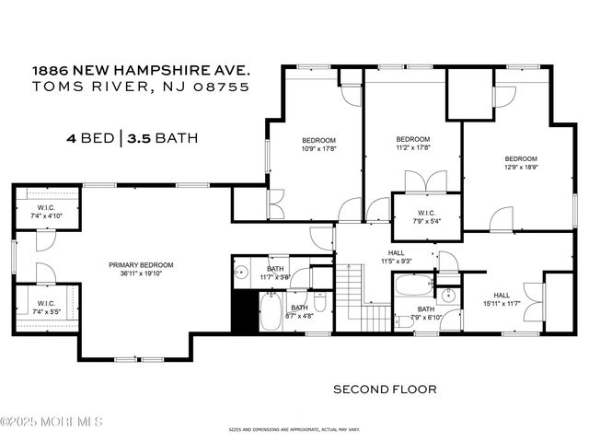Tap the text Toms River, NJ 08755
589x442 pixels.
(x=141, y=87)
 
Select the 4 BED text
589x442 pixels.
(x=89, y=139)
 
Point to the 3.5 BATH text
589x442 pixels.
(x=161, y=139)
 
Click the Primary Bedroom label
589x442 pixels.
(x=141, y=265)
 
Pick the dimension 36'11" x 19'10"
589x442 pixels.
(x=141, y=273)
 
